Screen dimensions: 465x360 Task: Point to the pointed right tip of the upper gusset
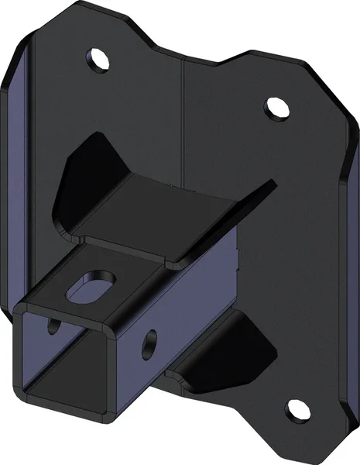click(273, 184)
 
